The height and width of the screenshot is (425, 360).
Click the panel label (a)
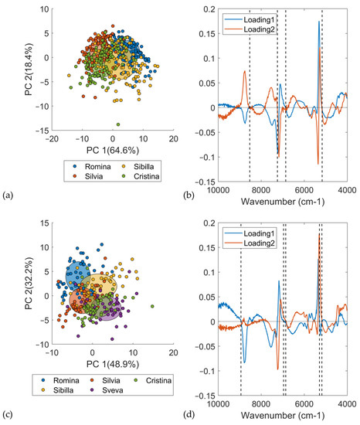point(8,198)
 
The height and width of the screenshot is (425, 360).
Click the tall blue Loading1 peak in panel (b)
point(318,23)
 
